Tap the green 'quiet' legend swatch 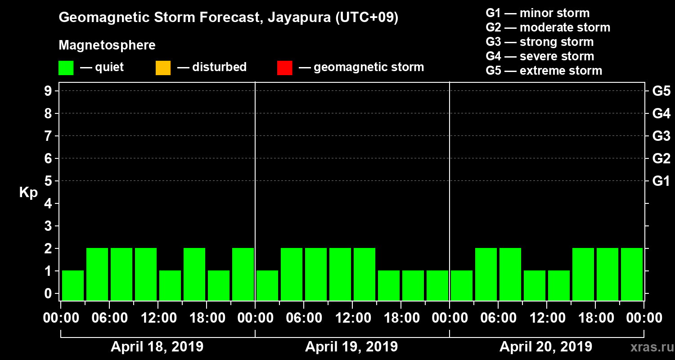pos(66,67)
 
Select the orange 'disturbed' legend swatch pos(163,67)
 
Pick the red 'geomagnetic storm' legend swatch pos(284,67)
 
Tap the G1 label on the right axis pos(661,181)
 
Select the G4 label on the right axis pos(661,114)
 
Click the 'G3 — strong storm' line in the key pos(539,42)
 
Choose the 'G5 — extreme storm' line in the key pos(544,71)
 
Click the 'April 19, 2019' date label pos(351,347)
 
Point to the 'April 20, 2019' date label pos(546,347)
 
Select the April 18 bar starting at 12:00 pos(170,285)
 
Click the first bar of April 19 pos(267,285)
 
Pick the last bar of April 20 pos(632,274)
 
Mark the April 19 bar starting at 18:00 pos(413,285)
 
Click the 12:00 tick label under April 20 pos(546,318)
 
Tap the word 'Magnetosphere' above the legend pos(107,45)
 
